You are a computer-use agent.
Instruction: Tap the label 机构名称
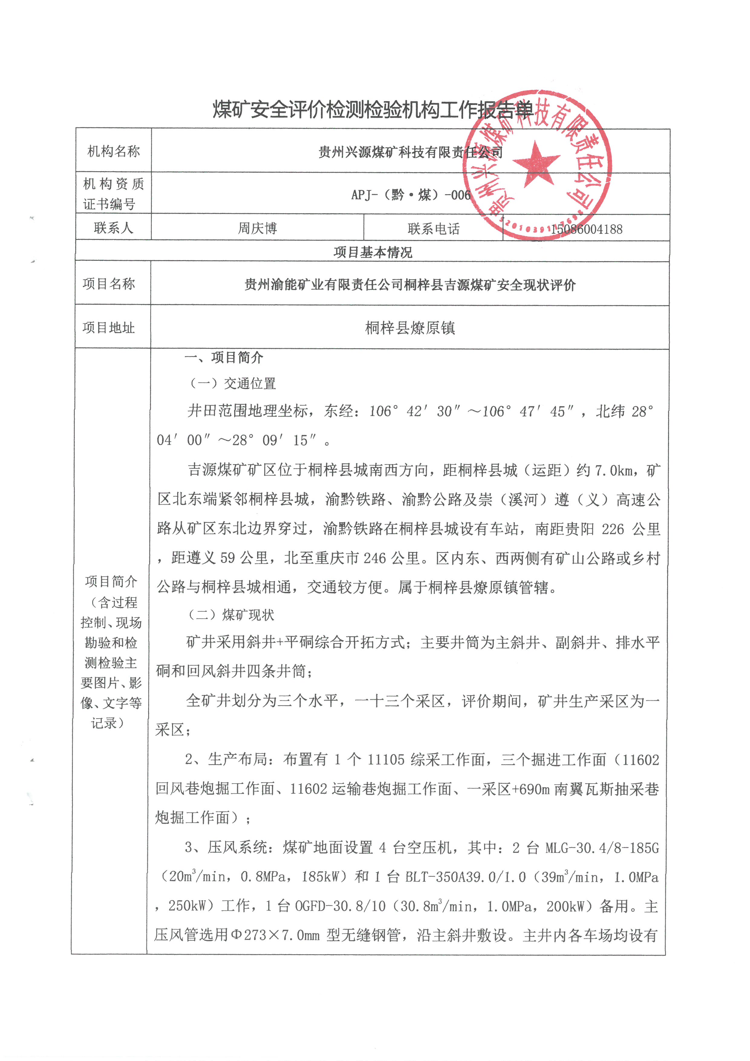click(114, 151)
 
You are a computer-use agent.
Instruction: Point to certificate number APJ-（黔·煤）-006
click(411, 195)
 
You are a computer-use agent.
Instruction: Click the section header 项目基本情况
click(373, 252)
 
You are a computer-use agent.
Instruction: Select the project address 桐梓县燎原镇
click(410, 328)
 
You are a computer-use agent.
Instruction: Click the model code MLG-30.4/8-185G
click(602, 848)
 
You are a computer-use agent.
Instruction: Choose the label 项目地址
click(109, 328)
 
